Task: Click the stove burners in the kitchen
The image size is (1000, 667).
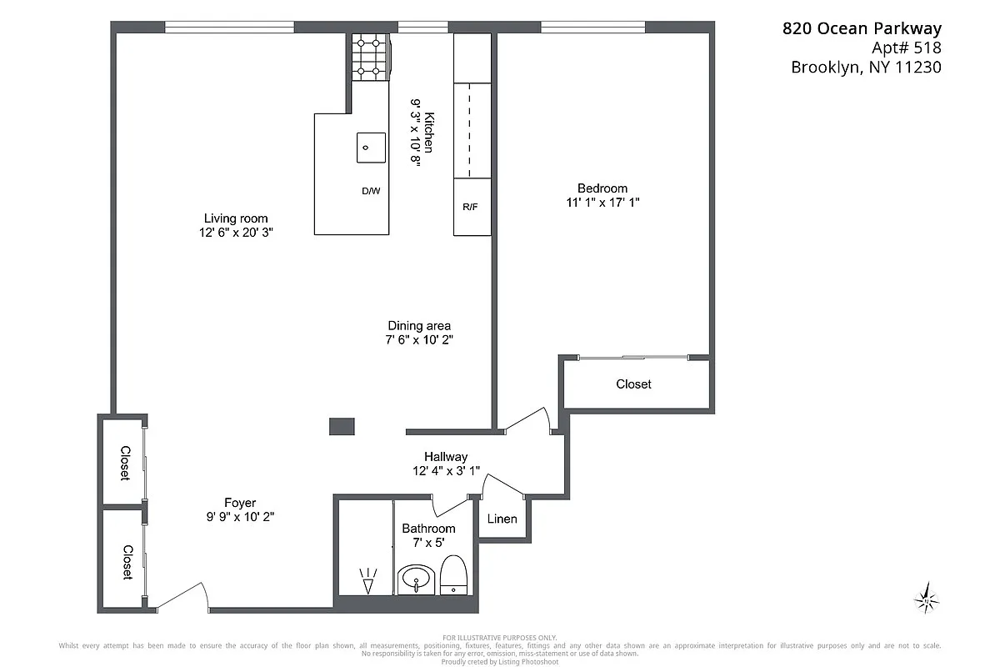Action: [x=369, y=54]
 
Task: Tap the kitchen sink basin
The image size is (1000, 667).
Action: [x=371, y=148]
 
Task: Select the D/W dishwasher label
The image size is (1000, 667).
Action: [x=371, y=191]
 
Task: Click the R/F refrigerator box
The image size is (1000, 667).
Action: [x=471, y=207]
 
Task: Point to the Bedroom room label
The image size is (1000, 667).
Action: [x=602, y=188]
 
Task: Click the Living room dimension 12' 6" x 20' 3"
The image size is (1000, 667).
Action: [x=236, y=233]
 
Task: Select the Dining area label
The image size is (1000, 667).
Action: [x=419, y=325]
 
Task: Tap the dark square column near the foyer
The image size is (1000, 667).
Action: [x=342, y=426]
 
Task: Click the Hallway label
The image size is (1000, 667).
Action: [x=446, y=457]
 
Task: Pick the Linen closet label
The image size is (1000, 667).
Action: [x=502, y=519]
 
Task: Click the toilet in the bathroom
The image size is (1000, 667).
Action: [x=453, y=577]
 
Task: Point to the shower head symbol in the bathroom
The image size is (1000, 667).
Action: [x=367, y=579]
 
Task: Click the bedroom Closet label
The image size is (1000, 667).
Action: [x=633, y=384]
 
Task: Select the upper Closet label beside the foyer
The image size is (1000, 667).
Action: [x=124, y=463]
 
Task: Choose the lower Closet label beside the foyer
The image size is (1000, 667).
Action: [x=126, y=562]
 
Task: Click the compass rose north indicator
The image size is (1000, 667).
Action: [x=926, y=598]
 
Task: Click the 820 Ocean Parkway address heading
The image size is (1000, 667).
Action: [x=862, y=28]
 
